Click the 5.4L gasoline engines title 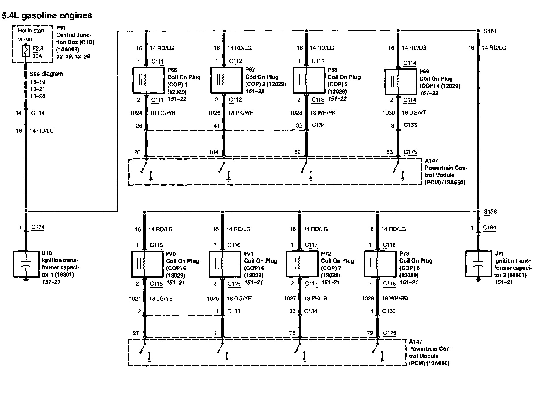point(47,15)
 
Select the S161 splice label point(490,31)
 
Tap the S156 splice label point(490,212)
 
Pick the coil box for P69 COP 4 point(401,82)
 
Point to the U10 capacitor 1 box point(26,264)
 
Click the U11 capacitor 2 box point(478,264)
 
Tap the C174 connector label point(38,227)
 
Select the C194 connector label point(489,228)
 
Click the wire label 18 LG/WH point(163,113)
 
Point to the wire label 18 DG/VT point(414,113)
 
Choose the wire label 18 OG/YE point(239,298)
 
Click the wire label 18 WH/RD point(395,298)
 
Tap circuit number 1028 point(296,113)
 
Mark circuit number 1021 point(135,299)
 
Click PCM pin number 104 point(214,152)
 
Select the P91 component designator point(61,28)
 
